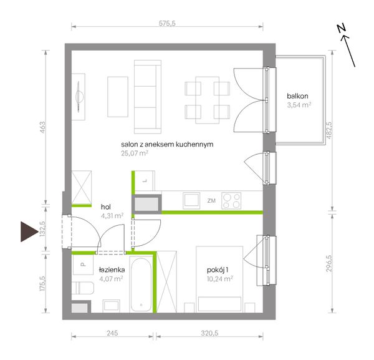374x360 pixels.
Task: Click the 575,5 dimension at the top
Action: [167, 23]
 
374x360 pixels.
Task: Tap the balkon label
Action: [297, 96]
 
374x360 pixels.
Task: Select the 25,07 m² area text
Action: [135, 153]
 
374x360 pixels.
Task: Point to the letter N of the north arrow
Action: [342, 29]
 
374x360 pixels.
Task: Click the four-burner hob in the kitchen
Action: [231, 201]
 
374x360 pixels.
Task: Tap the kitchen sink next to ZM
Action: [191, 200]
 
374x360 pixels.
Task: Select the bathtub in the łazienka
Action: [141, 284]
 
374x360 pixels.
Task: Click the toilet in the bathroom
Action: [82, 288]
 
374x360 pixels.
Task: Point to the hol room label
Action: [106, 207]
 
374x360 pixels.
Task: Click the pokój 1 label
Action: [218, 270]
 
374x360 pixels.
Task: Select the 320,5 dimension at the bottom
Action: [209, 333]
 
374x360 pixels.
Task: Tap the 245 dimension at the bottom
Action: [112, 333]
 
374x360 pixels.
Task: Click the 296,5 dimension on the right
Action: [328, 263]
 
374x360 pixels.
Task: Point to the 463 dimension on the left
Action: [42, 127]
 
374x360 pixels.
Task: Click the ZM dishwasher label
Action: [211, 201]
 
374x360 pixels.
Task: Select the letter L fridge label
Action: [145, 181]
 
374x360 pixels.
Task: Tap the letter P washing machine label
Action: [82, 265]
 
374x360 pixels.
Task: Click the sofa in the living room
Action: [148, 97]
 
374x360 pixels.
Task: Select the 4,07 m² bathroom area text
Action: [111, 279]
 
